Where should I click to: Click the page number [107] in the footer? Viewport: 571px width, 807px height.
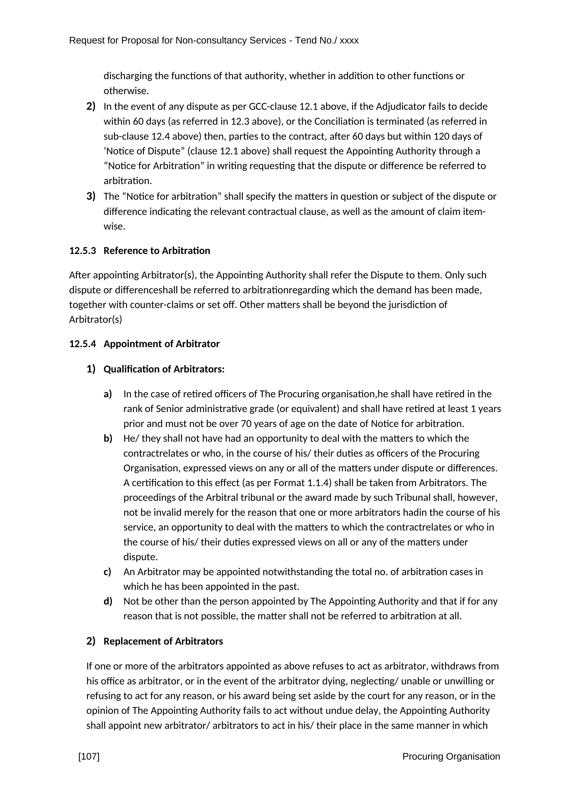click(89, 756)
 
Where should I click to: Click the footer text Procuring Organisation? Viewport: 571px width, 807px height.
click(451, 756)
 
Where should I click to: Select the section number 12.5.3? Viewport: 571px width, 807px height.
click(83, 251)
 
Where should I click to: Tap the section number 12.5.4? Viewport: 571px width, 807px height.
click(83, 344)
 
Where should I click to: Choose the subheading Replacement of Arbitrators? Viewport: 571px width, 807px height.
click(163, 641)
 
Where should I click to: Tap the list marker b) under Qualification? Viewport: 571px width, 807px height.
click(108, 438)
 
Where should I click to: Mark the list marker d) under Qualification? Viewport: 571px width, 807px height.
click(108, 601)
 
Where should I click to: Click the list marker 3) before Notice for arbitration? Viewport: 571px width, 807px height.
click(91, 196)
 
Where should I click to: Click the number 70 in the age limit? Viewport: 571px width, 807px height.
click(246, 424)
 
